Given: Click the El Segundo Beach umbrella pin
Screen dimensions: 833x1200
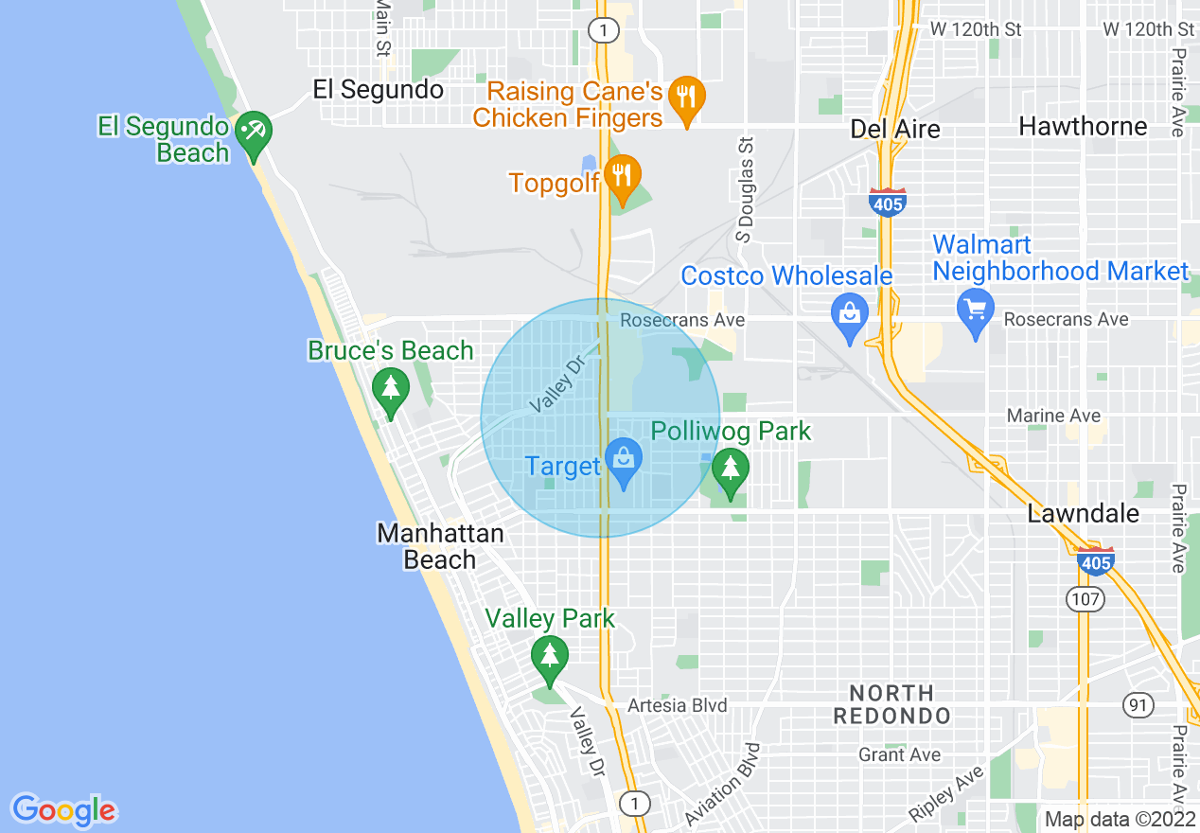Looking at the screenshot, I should pyautogui.click(x=253, y=132).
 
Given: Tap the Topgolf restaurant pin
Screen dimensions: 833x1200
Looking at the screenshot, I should pyautogui.click(x=623, y=176).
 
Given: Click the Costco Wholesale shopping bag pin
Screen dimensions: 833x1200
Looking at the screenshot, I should pyautogui.click(x=850, y=313).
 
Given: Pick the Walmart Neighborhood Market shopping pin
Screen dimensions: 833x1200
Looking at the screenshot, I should pyautogui.click(x=975, y=309).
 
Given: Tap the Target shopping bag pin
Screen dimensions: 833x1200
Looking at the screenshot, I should pyautogui.click(x=624, y=459).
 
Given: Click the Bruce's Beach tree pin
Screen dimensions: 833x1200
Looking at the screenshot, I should pyautogui.click(x=390, y=389).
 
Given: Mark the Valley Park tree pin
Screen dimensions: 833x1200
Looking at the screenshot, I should pyautogui.click(x=549, y=656).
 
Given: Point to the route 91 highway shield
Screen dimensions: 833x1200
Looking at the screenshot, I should pyautogui.click(x=1138, y=704).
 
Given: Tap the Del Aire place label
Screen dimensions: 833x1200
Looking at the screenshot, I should pyautogui.click(x=894, y=128).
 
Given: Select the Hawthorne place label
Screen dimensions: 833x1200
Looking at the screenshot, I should pyautogui.click(x=1083, y=126).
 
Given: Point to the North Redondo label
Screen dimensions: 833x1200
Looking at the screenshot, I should pyautogui.click(x=891, y=704).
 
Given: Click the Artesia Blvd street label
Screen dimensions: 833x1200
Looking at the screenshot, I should pyautogui.click(x=678, y=705).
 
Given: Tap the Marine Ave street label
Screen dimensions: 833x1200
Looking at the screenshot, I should pyautogui.click(x=1053, y=416).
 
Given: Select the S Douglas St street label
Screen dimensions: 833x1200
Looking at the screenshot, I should pyautogui.click(x=747, y=187).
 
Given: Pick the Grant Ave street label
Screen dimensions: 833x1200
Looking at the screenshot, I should pyautogui.click(x=899, y=754).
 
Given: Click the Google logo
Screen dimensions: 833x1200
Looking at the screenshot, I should pyautogui.click(x=63, y=810).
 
